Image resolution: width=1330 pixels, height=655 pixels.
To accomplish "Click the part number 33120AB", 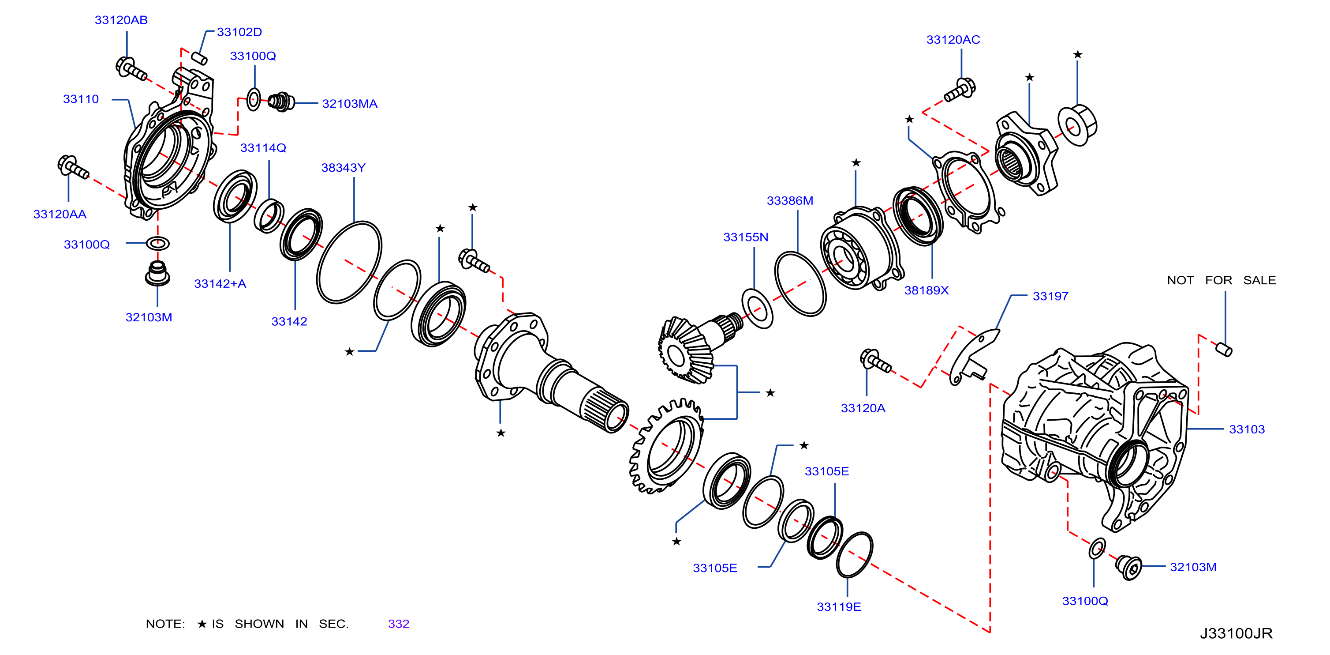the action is (121, 20).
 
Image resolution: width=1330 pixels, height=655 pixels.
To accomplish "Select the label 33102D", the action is (239, 32).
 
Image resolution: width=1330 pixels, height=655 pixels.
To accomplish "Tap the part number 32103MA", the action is (350, 104).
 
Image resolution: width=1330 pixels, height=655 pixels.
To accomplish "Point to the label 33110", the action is (81, 99).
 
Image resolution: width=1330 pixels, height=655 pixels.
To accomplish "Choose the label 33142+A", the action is (220, 284).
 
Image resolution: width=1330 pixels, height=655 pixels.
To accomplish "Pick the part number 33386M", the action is (789, 200).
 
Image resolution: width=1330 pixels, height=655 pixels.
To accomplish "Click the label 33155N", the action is (746, 237).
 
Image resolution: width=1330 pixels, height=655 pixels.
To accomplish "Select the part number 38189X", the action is (926, 290).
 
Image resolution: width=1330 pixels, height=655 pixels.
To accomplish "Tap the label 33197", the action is (1050, 297).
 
